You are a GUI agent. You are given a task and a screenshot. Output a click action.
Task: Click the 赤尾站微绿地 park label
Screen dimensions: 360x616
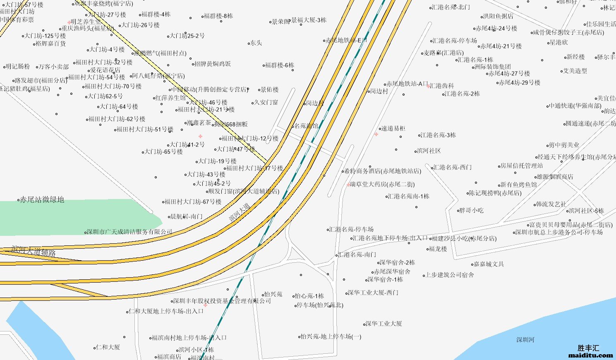(x=42, y=200)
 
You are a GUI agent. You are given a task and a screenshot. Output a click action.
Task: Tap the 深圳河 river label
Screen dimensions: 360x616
(x=525, y=340)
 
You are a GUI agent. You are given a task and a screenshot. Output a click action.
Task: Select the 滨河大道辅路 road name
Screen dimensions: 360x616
(x=34, y=251)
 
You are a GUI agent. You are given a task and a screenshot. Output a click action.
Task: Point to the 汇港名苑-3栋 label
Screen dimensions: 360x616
(x=438, y=135)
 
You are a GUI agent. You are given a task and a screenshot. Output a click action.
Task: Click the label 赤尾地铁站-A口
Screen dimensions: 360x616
(x=407, y=84)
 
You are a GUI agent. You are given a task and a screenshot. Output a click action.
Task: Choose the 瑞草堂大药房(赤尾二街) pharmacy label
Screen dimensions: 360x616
(x=382, y=184)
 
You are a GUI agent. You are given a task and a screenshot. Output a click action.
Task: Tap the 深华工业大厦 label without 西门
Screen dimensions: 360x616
(x=384, y=324)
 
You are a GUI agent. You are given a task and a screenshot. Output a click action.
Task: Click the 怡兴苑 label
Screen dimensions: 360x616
(x=273, y=294)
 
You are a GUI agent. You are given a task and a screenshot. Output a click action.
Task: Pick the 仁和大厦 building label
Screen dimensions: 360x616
(x=108, y=347)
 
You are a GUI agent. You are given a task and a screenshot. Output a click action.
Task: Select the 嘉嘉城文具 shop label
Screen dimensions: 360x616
(x=489, y=264)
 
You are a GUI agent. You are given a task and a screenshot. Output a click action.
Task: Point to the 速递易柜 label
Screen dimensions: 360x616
(x=393, y=128)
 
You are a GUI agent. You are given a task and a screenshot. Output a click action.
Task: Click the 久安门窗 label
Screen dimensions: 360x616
(x=266, y=102)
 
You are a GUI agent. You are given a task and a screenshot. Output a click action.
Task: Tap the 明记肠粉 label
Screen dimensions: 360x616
(x=18, y=66)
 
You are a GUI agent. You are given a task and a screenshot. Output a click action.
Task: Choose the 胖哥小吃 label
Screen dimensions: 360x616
(x=472, y=211)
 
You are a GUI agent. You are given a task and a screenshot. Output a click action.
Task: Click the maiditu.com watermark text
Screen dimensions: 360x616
(x=591, y=355)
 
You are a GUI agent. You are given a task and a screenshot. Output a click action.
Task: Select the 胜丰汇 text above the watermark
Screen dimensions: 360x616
(x=588, y=348)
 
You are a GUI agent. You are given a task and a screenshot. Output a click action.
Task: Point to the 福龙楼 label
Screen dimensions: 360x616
(x=438, y=249)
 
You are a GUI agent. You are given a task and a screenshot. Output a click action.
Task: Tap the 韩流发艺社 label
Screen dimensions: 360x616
(x=551, y=204)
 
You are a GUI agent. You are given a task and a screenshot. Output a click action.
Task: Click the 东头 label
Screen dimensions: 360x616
(x=256, y=43)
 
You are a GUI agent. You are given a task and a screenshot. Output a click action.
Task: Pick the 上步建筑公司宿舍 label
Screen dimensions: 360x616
(x=450, y=275)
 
